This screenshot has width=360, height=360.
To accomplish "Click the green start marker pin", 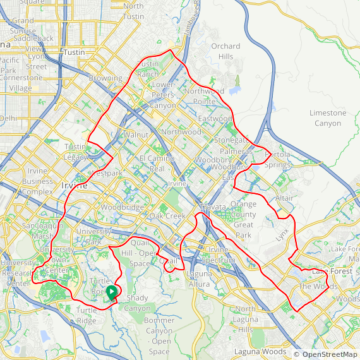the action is pyautogui.click(x=112, y=292).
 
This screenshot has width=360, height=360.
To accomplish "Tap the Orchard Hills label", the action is pyautogui.click(x=225, y=51).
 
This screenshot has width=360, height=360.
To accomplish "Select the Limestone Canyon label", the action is pyautogui.click(x=328, y=118).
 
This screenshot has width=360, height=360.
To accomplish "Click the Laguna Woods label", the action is pyautogui.click(x=260, y=352).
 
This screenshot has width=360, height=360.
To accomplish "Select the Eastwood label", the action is pyautogui.click(x=215, y=119).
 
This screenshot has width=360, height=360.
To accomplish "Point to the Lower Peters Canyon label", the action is pyautogui.click(x=163, y=95).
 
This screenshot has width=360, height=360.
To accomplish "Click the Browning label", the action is pyautogui.click(x=105, y=78).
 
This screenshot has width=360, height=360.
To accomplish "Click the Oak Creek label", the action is pyautogui.click(x=167, y=216).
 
